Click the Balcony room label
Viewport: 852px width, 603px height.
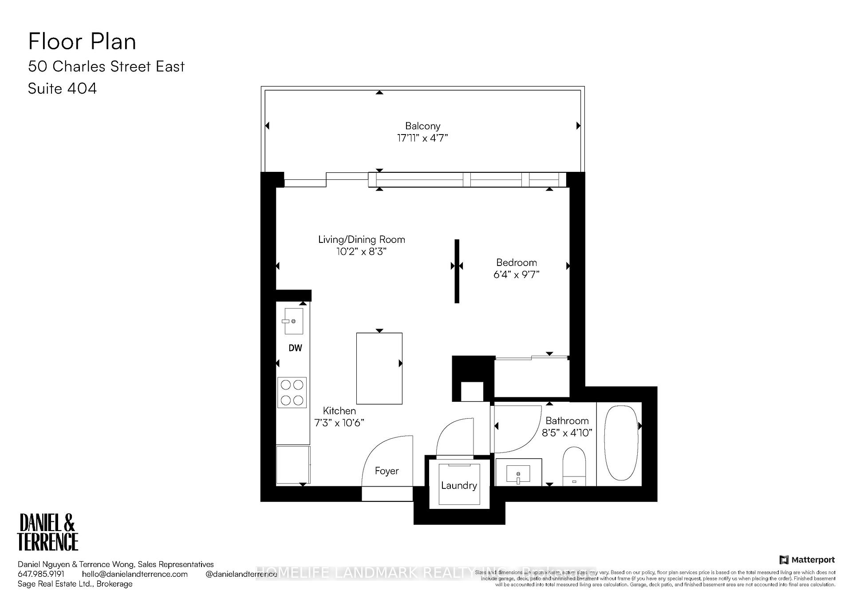[422, 126]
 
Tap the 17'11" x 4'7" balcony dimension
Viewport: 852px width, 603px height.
[422, 138]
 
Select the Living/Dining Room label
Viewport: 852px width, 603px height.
[361, 240]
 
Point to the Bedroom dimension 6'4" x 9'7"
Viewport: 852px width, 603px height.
[516, 274]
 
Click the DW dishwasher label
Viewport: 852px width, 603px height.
[295, 348]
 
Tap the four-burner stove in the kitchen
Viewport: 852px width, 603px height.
[292, 393]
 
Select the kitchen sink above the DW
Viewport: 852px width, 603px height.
[293, 321]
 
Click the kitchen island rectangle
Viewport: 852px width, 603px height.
[379, 369]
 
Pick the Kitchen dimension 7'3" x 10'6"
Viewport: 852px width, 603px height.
[339, 423]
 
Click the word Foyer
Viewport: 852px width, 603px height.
[387, 471]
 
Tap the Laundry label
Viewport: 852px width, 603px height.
[459, 485]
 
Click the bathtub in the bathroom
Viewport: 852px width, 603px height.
[621, 442]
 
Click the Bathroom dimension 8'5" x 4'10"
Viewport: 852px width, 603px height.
[567, 432]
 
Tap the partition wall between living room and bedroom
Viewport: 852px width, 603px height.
[457, 271]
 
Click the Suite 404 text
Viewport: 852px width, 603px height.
[62, 88]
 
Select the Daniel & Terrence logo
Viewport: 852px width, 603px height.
[47, 532]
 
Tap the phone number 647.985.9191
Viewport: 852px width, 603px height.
[41, 574]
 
